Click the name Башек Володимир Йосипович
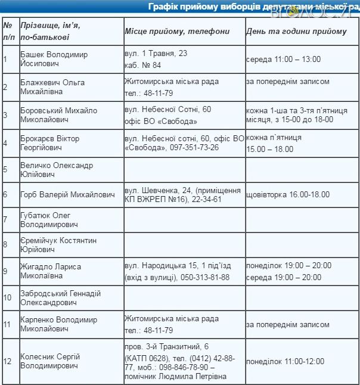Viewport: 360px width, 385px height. tap(54, 59)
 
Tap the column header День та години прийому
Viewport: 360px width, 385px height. tap(296, 32)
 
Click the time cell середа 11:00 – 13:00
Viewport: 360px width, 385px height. tap(283, 59)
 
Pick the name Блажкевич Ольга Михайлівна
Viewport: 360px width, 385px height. tap(52, 87)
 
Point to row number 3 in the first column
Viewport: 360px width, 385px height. tap(5, 115)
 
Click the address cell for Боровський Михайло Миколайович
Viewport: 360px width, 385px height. tap(168, 115)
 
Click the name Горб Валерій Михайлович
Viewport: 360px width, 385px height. tap(67, 195)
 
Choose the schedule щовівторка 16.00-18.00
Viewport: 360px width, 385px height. tap(287, 195)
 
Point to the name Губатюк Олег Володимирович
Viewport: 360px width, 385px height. tap(49, 220)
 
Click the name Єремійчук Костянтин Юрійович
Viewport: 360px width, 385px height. tap(58, 245)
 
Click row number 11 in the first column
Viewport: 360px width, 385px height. tap(7, 325)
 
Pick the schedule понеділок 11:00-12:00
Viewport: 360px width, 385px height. tap(285, 361)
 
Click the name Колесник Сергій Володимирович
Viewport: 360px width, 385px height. tap(50, 361)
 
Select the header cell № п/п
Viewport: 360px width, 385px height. tap(9, 32)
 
